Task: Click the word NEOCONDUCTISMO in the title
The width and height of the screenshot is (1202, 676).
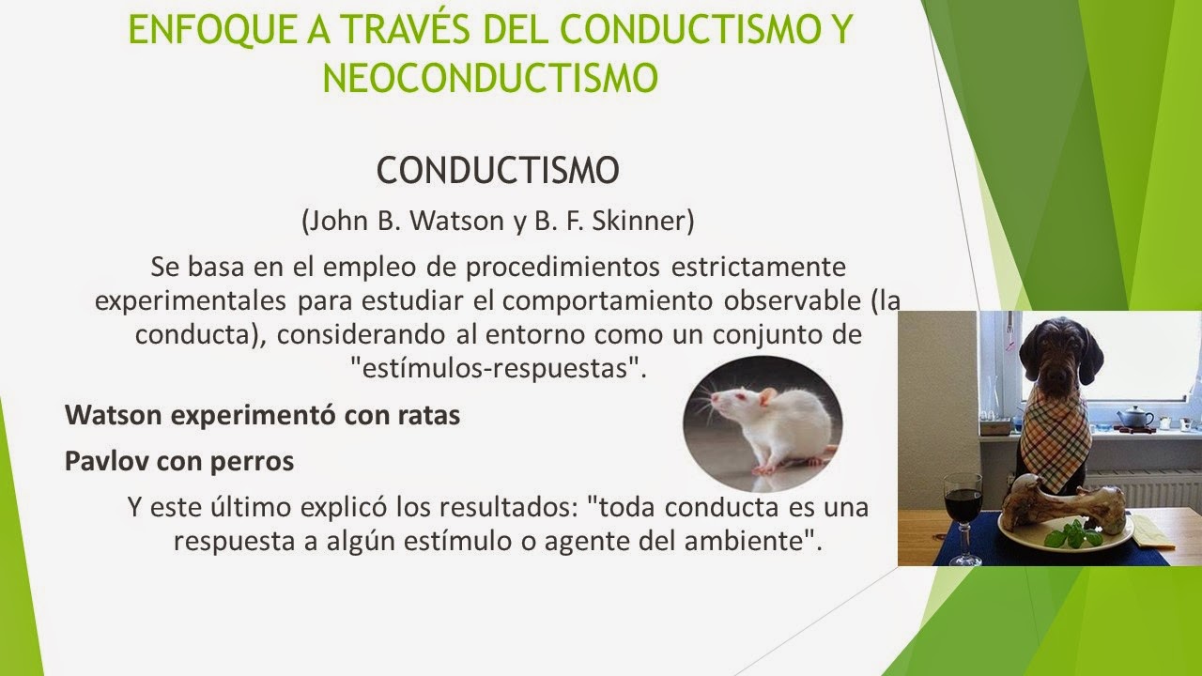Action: tap(489, 77)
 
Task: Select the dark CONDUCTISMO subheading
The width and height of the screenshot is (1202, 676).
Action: tap(498, 172)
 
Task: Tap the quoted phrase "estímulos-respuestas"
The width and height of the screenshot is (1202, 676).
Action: tap(504, 367)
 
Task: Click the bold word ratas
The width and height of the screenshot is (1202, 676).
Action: tap(428, 415)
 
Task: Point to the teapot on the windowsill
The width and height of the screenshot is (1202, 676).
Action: tap(1134, 417)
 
